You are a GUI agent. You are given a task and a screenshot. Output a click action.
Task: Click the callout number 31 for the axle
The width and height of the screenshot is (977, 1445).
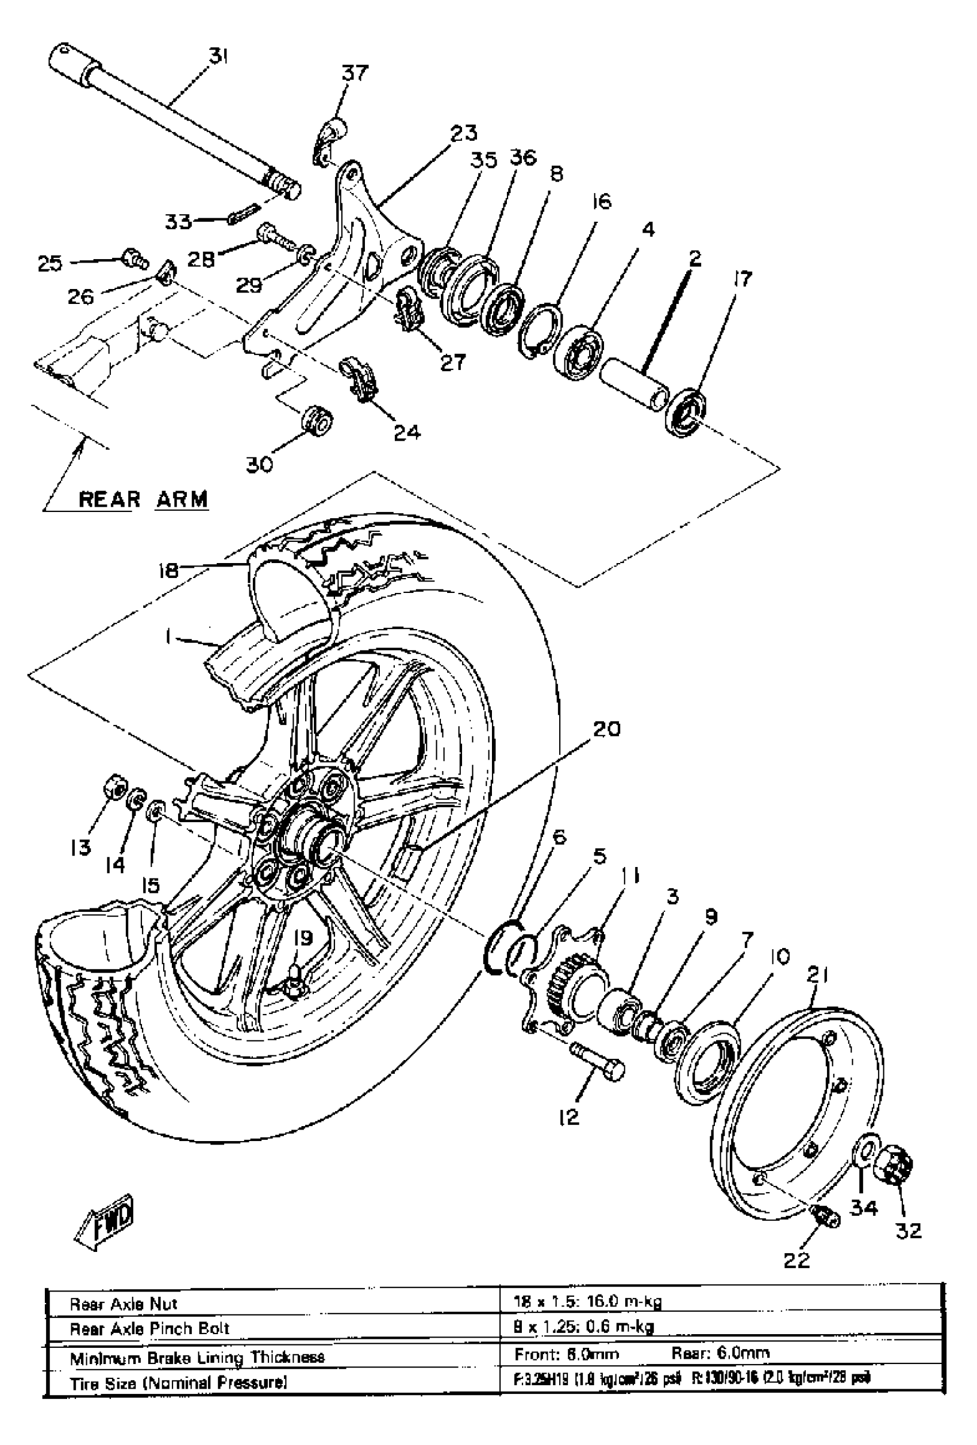click(x=218, y=57)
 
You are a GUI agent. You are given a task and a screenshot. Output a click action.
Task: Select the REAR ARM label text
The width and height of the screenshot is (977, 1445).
click(x=144, y=499)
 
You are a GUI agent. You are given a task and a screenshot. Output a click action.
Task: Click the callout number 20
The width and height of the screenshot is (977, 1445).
click(x=606, y=729)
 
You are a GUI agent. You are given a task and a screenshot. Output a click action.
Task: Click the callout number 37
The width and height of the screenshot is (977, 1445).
click(x=355, y=74)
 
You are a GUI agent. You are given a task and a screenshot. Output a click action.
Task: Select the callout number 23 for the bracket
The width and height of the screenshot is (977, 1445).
click(x=463, y=133)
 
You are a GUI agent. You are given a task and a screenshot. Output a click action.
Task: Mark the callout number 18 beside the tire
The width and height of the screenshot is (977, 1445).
click(x=168, y=569)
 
